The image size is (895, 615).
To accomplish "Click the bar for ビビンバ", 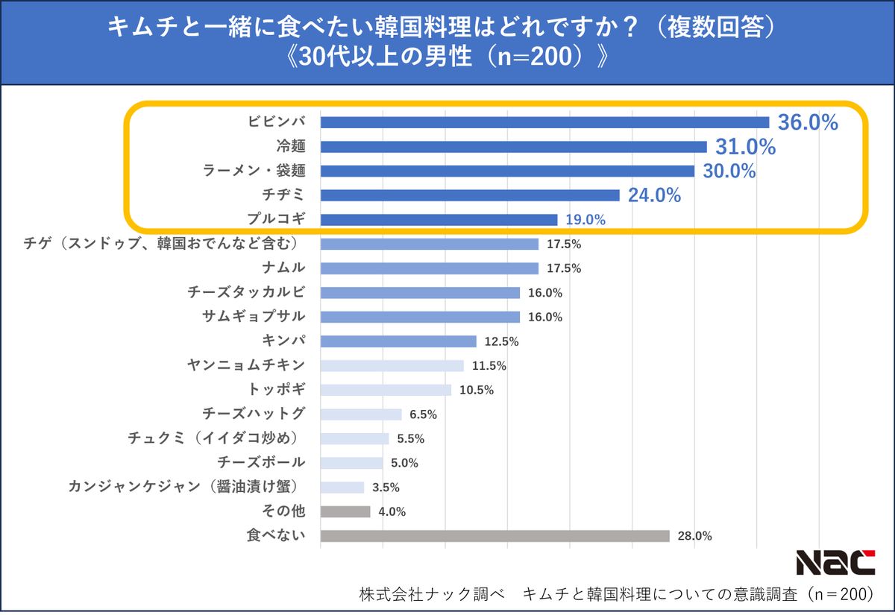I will [x=544, y=122].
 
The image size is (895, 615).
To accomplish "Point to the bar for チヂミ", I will [x=470, y=195].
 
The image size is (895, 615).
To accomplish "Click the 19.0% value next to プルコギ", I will [x=585, y=220].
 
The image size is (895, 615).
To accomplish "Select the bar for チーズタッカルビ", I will [x=420, y=292].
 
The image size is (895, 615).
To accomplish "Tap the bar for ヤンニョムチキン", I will [x=392, y=365].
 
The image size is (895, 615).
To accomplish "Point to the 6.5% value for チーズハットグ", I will [x=423, y=414].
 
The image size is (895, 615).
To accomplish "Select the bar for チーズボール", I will [x=351, y=463].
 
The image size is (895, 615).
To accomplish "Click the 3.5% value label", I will [x=386, y=488].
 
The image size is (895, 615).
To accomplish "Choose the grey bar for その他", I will [x=345, y=511].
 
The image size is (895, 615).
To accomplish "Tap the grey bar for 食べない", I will [x=494, y=536].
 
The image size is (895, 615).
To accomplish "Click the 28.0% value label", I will [x=694, y=536].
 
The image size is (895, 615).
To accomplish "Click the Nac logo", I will [x=835, y=563].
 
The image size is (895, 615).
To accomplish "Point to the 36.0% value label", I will [x=808, y=123].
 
